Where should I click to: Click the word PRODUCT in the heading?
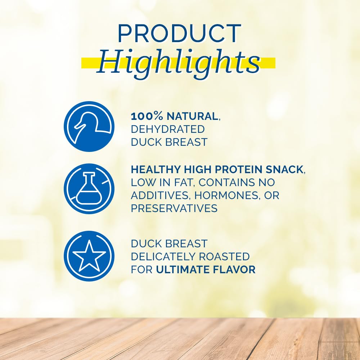pyautogui.click(x=179, y=33)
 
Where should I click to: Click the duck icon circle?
pyautogui.click(x=89, y=126)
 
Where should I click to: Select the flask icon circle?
pyautogui.click(x=89, y=189)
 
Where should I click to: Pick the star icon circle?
pyautogui.click(x=89, y=256)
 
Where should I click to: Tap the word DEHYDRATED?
pyautogui.click(x=168, y=129)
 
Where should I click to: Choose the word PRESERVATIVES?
pyautogui.click(x=174, y=208)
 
